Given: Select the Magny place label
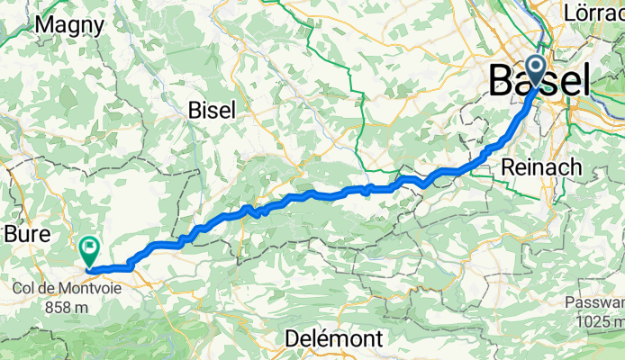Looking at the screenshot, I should click(x=69, y=25).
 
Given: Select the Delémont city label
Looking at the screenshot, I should click(x=333, y=338).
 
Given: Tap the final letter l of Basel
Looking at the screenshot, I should click(x=586, y=82).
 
